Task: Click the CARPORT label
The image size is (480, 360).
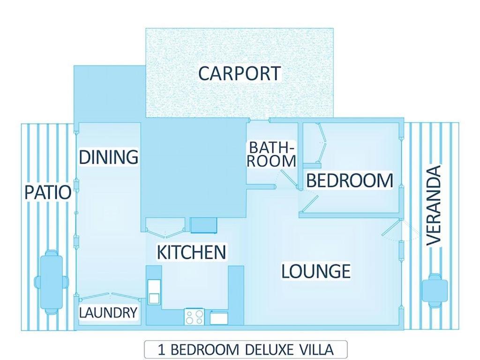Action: click(x=239, y=74)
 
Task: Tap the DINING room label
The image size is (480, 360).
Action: click(x=108, y=157)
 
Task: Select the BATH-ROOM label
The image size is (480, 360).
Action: click(x=272, y=154)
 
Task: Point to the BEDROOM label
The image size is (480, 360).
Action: click(x=349, y=180)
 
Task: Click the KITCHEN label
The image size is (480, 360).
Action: click(x=191, y=252)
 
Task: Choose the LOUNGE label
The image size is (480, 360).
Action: click(x=316, y=271)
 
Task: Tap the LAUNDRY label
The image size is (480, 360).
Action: click(x=108, y=313)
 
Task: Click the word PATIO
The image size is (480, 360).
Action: click(x=48, y=192)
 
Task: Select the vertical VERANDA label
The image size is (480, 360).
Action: click(x=435, y=205)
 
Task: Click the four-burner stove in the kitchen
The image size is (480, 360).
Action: click(x=194, y=317)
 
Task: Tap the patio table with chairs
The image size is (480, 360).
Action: click(x=51, y=282)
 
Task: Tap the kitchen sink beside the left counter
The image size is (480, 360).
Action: click(x=154, y=292)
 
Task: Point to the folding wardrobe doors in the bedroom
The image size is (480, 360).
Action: click(x=322, y=143)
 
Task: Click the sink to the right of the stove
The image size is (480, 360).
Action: click(x=218, y=318)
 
